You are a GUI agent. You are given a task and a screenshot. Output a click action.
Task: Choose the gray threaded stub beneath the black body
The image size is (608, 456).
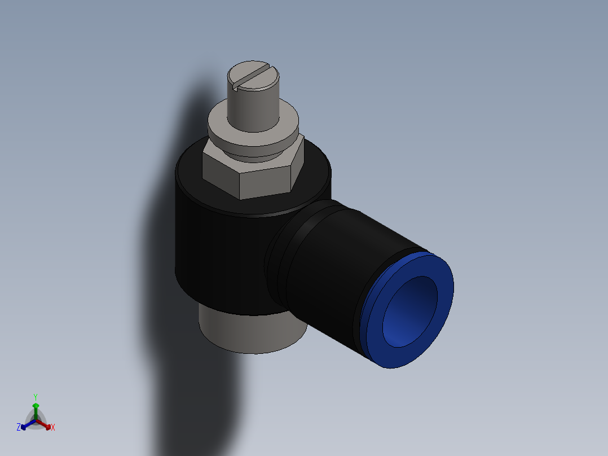(248, 333)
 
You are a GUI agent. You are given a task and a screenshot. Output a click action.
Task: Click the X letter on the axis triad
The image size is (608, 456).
(53, 428)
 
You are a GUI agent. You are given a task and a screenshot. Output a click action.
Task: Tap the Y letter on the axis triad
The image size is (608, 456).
(36, 397)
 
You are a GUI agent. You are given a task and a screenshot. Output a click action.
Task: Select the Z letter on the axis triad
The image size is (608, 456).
(19, 427)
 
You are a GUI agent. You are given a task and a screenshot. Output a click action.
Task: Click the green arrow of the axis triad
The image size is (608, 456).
(36, 407)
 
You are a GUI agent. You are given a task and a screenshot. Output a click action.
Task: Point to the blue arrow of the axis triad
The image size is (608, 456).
(26, 425)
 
